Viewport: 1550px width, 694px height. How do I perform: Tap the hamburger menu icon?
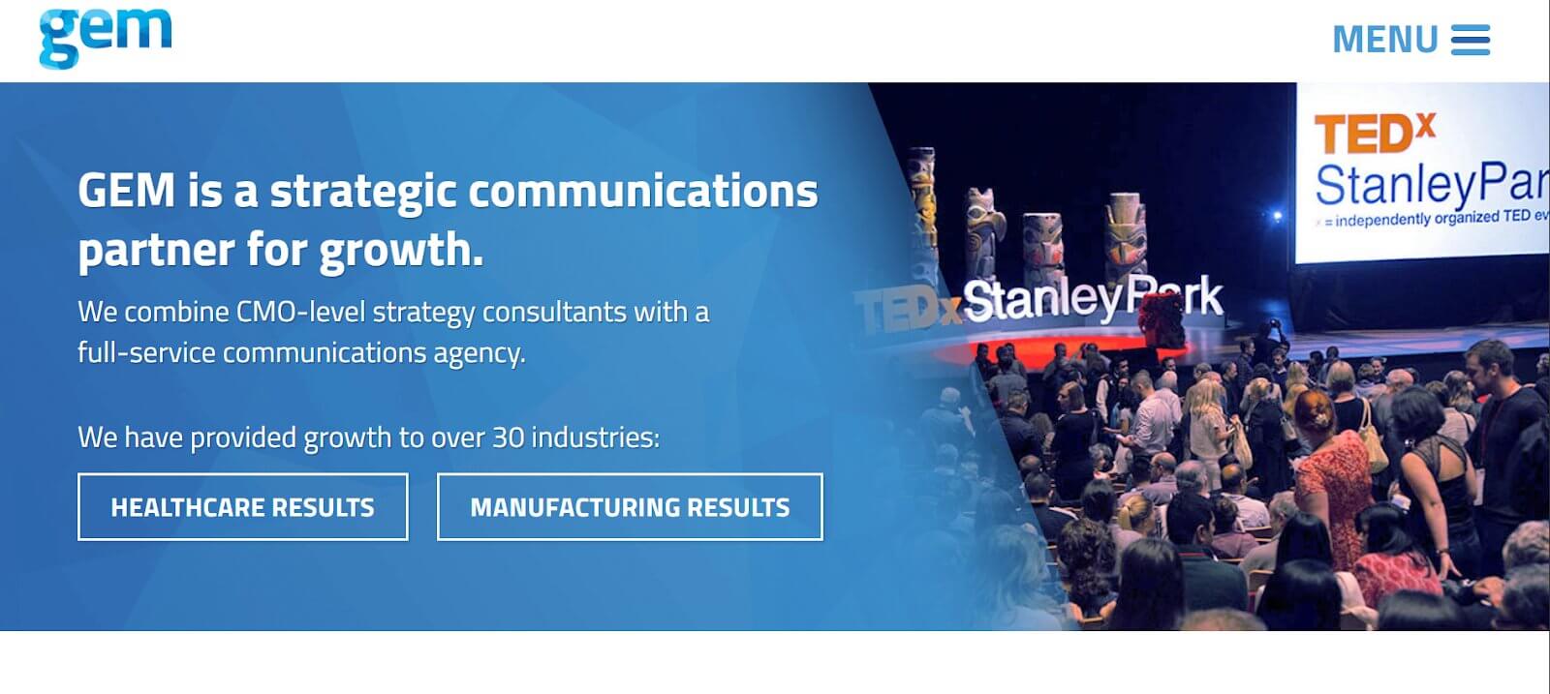1470,41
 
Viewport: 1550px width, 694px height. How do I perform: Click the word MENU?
1385,41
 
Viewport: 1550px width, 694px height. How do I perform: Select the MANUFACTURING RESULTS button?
630,507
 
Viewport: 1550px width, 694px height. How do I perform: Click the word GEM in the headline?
126,191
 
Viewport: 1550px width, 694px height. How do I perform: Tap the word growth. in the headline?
401,251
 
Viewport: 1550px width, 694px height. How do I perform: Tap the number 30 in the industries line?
508,438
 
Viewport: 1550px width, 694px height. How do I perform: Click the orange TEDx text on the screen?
1374,134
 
